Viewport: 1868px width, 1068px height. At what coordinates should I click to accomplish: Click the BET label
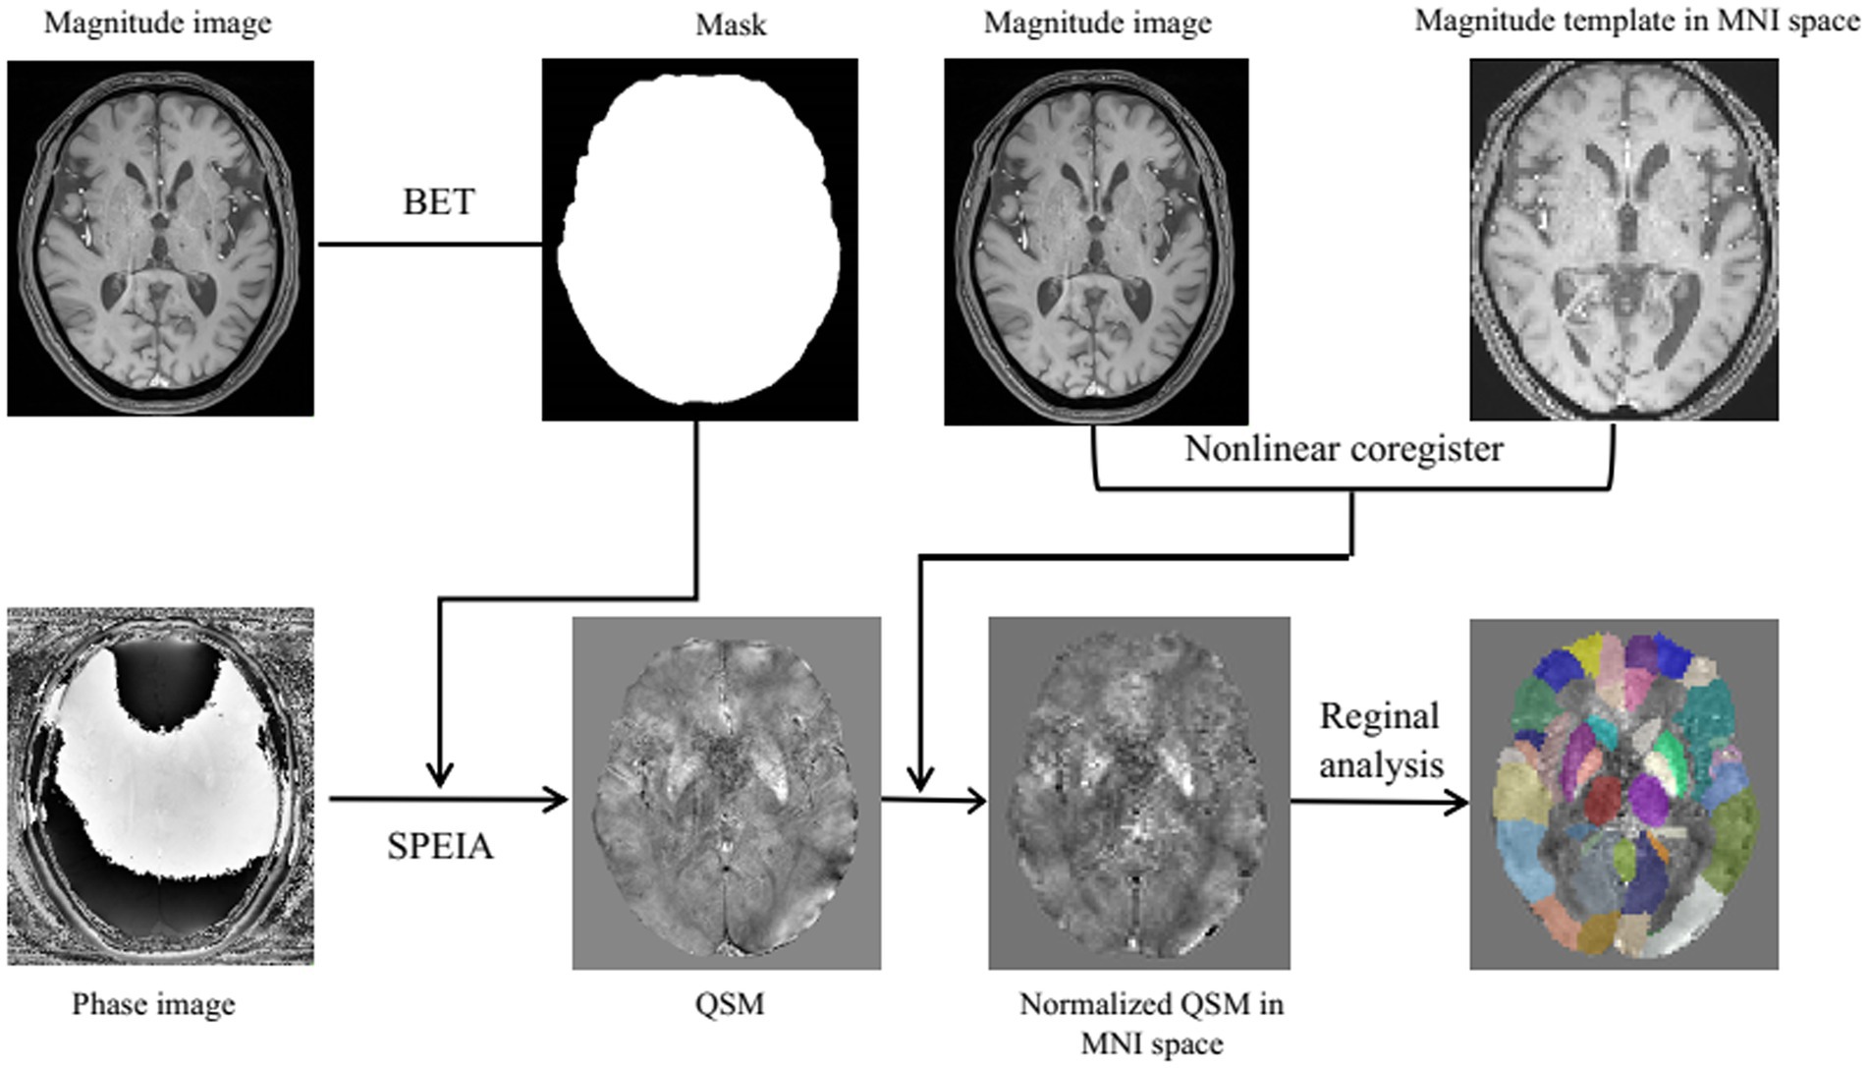438,201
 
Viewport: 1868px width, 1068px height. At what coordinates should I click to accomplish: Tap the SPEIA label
439,846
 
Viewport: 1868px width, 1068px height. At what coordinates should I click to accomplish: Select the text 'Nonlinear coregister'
1343,449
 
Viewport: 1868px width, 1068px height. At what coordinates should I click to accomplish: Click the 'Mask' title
730,25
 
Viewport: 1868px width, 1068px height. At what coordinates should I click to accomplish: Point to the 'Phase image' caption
153,1004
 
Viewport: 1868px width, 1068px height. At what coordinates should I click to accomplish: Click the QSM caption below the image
729,1004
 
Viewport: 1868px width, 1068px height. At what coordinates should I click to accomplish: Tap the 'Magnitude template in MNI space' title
1636,21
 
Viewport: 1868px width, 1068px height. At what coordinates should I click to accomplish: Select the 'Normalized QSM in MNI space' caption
1151,1023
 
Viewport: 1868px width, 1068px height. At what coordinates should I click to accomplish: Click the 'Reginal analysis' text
1380,740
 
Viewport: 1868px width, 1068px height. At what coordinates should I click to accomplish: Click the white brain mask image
699,239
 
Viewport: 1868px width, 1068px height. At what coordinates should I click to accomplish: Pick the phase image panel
160,786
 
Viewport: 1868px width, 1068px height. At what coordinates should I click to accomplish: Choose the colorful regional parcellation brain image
1623,794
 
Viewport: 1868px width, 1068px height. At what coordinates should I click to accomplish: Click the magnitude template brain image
1623,239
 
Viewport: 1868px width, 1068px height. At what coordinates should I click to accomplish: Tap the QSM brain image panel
726,793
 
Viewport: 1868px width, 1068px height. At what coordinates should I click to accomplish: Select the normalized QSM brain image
1138,793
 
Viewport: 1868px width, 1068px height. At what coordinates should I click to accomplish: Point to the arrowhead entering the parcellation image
1457,803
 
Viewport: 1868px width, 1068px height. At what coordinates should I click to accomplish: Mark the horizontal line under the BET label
429,244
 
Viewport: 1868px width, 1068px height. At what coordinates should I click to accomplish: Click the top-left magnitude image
160,239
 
